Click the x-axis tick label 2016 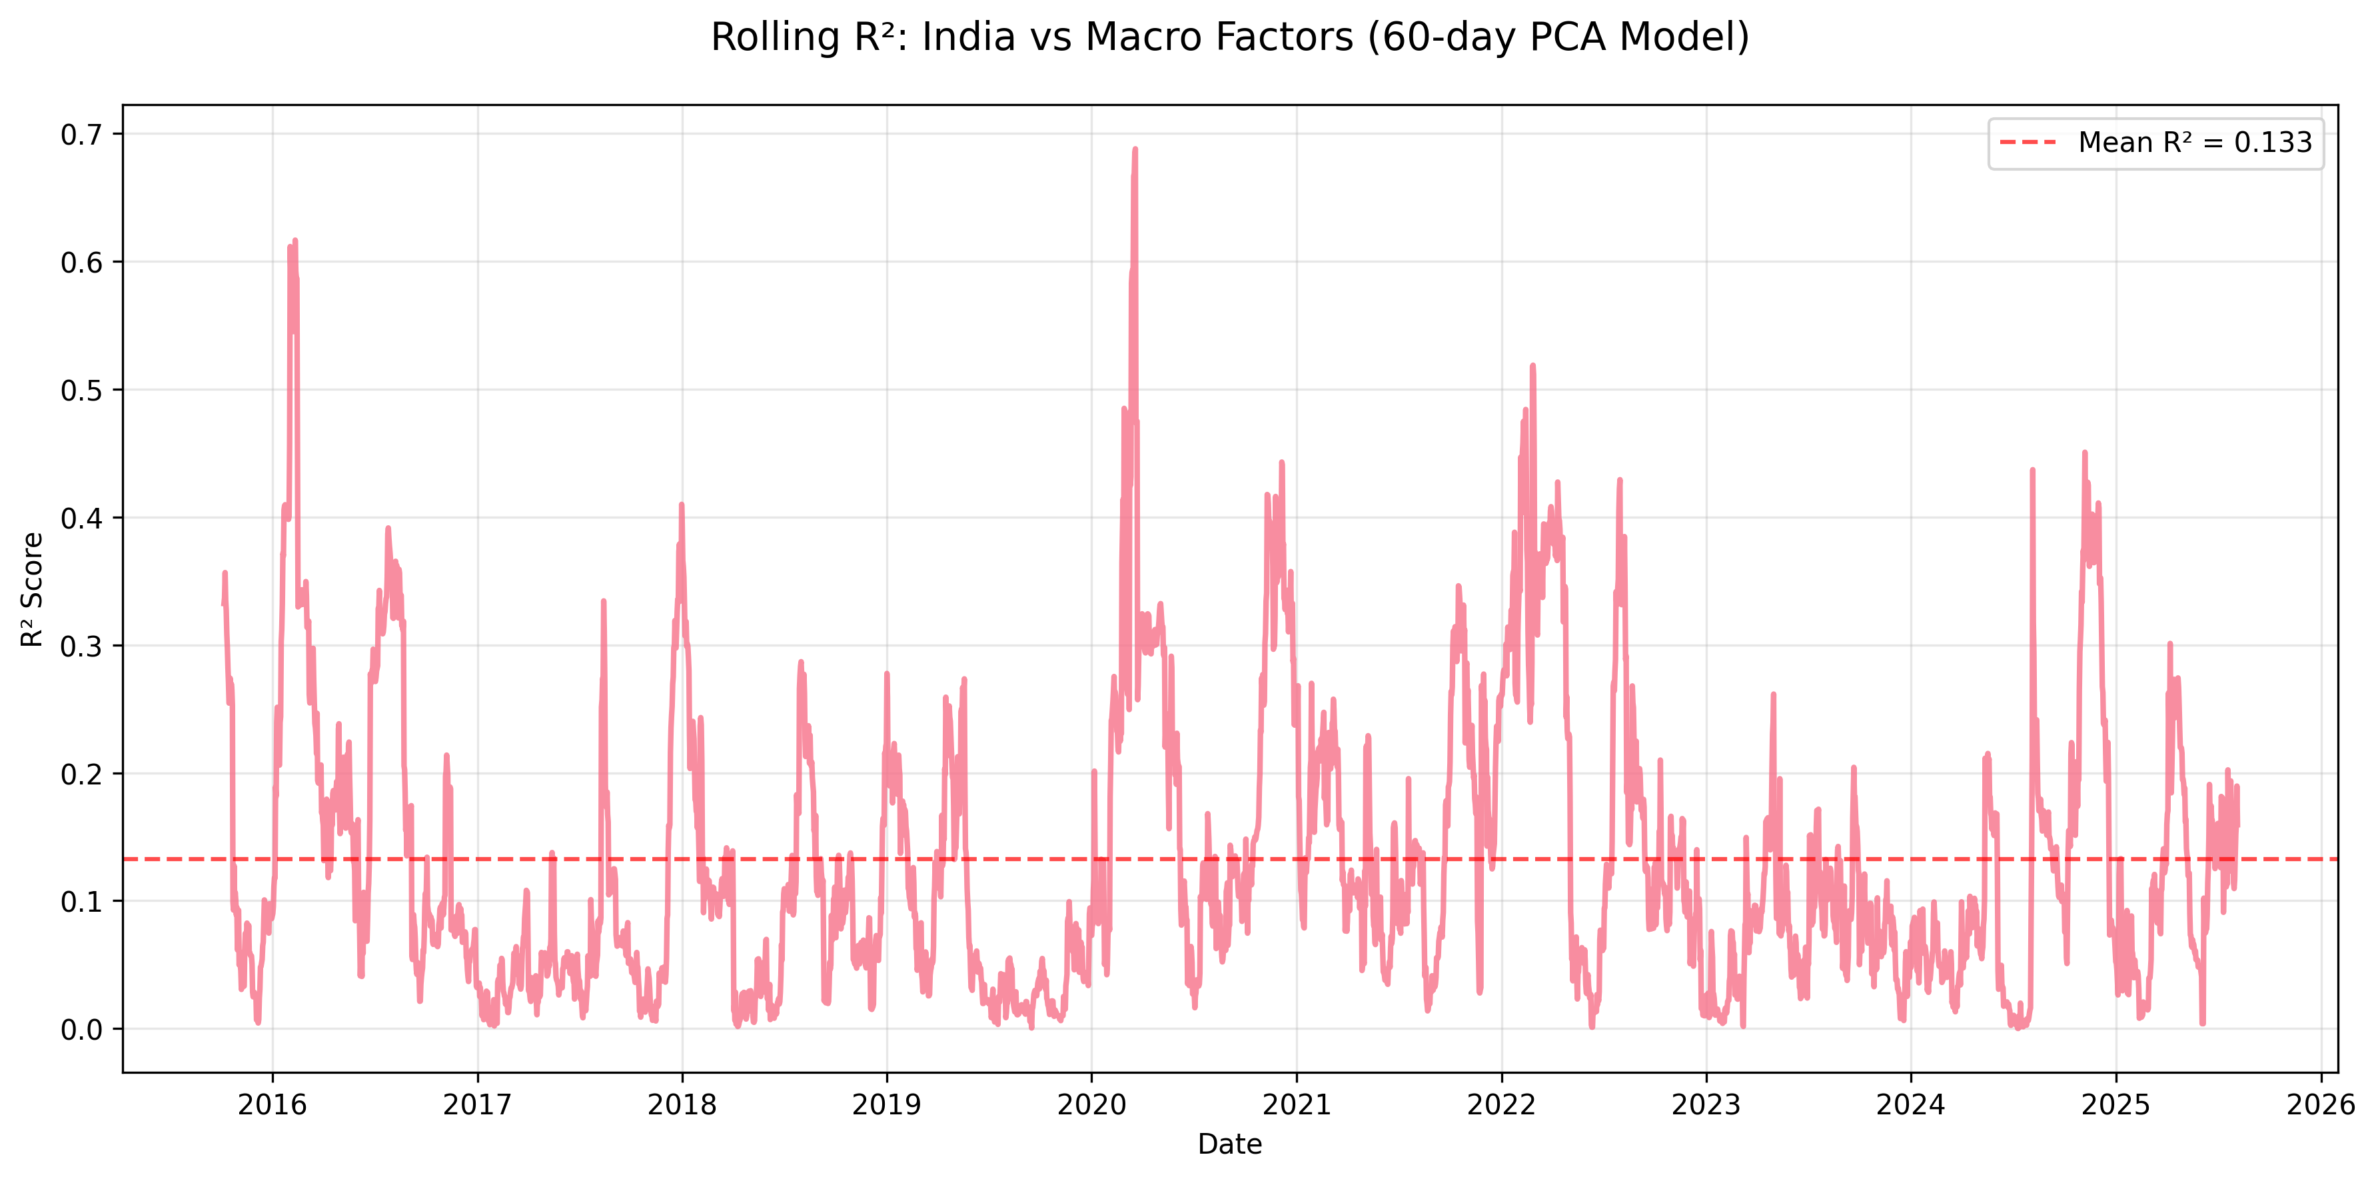272,1104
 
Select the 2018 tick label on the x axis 682,1104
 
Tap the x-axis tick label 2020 1091,1104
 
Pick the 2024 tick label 1910,1104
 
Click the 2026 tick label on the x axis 2320,1104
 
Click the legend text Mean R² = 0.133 2194,143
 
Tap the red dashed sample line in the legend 2028,143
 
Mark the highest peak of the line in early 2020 1135,149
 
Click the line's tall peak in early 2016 295,242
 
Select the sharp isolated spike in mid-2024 2032,471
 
